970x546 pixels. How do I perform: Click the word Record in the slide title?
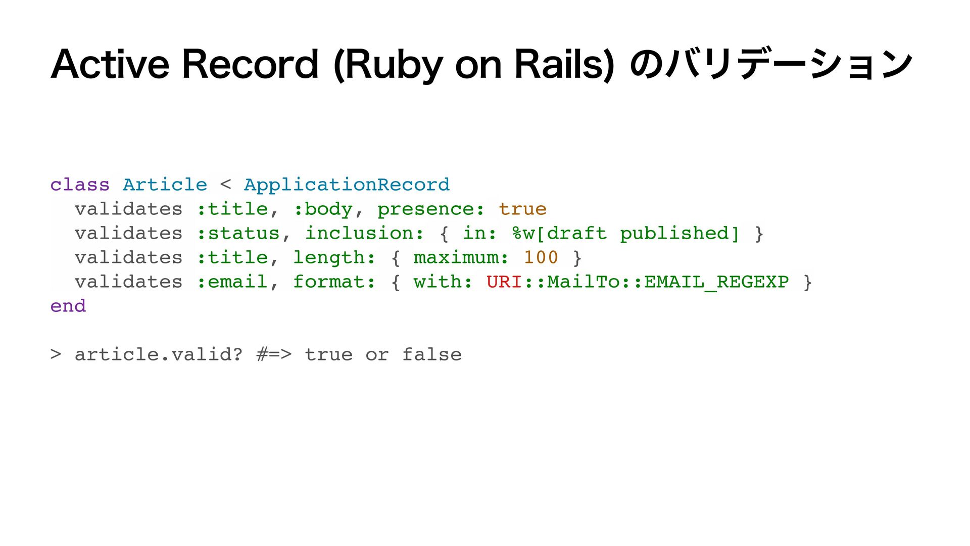(x=250, y=64)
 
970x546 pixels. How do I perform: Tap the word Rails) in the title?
(x=564, y=64)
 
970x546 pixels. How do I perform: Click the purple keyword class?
(x=80, y=185)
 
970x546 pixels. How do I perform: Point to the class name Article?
(x=165, y=185)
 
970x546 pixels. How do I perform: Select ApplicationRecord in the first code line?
(x=347, y=185)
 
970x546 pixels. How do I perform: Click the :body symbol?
(x=323, y=209)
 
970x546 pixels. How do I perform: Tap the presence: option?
(x=430, y=209)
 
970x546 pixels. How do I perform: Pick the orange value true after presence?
(x=522, y=209)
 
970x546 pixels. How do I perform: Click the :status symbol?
(x=238, y=233)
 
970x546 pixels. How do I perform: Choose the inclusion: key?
(x=364, y=233)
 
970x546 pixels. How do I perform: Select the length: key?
(x=334, y=257)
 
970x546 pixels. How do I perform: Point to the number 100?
(x=541, y=257)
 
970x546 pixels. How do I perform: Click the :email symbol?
(x=232, y=282)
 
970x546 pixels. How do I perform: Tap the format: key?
(x=334, y=282)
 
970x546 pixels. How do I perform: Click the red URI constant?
(x=504, y=282)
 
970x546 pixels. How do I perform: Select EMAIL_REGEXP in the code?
(x=716, y=282)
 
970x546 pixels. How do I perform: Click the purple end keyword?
(x=68, y=306)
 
